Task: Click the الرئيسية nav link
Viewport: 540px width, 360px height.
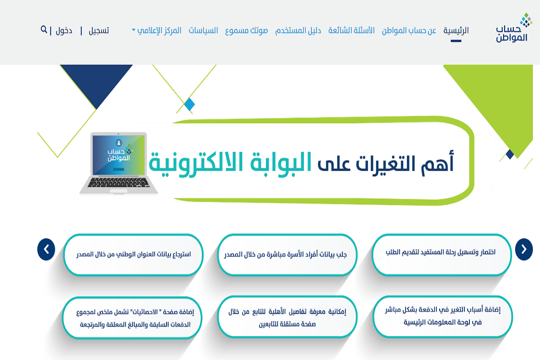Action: [x=456, y=31]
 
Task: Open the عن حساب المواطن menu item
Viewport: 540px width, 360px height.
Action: [x=409, y=31]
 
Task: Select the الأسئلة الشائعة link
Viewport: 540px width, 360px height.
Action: [x=351, y=31]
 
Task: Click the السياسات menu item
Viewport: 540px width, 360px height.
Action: [x=203, y=31]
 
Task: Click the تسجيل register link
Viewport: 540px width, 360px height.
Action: [x=99, y=31]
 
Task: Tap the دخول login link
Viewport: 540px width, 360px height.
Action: [x=64, y=31]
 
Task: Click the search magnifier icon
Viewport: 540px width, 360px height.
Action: [x=44, y=30]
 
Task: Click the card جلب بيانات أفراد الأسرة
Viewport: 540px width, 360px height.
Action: [x=286, y=254]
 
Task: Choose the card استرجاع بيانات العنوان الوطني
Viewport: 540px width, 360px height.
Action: [x=133, y=254]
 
